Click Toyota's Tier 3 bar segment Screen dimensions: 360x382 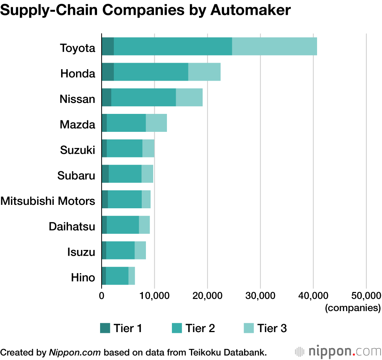tap(274, 46)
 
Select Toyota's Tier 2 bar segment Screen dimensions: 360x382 tap(173, 46)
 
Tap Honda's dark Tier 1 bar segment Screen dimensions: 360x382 tap(108, 72)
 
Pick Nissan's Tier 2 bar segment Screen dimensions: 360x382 tap(143, 97)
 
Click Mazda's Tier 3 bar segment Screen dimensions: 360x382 tap(156, 123)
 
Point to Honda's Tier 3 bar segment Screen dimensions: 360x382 tap(204, 72)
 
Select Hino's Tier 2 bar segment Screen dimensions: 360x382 tap(117, 276)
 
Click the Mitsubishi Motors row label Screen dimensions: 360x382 tap(48, 201)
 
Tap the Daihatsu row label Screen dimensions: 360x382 tap(72, 226)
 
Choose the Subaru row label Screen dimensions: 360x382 tap(76, 175)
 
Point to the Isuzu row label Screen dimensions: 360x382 tap(81, 252)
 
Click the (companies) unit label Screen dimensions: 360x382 tap(353, 307)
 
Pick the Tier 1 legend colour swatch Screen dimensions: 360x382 tap(105, 328)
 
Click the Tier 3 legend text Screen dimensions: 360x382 tap(272, 328)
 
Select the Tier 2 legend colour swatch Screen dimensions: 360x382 tap(177, 328)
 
